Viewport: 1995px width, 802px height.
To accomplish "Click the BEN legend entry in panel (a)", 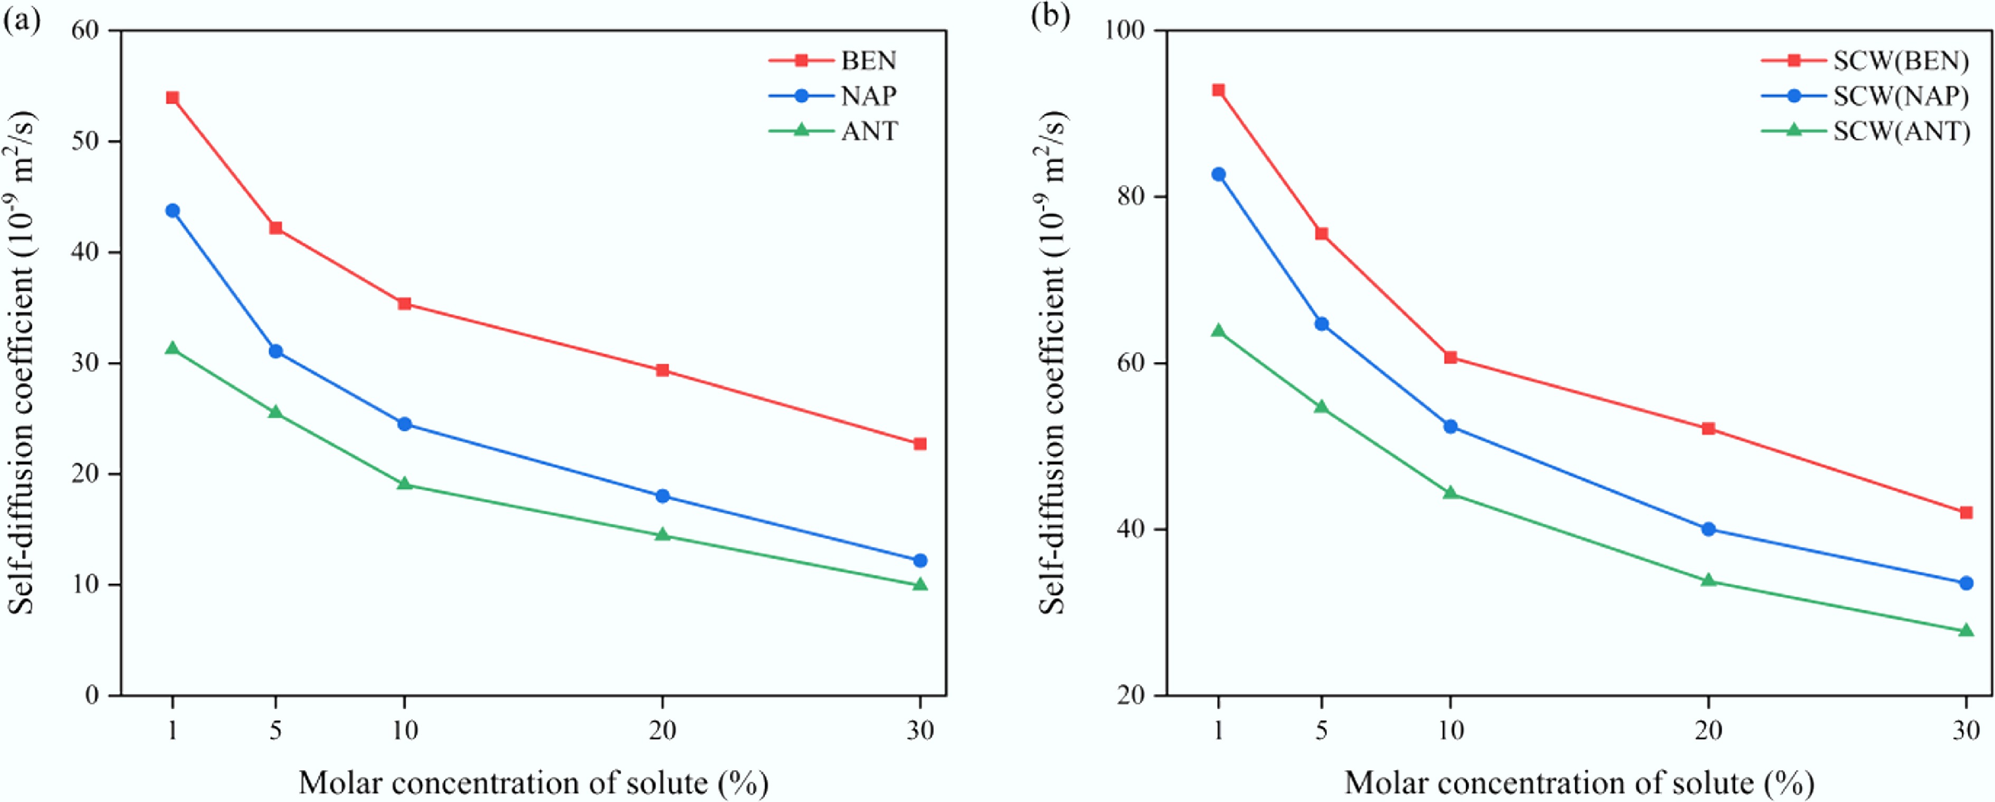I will click(867, 60).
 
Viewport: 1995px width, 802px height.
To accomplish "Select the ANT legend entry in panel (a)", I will click(869, 131).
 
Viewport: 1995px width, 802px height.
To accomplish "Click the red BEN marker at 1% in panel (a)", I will click(172, 98).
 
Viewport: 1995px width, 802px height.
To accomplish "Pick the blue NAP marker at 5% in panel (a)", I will click(275, 351).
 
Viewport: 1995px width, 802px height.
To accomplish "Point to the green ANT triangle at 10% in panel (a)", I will click(404, 484).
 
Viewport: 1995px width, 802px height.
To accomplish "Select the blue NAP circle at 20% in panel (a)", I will click(662, 496).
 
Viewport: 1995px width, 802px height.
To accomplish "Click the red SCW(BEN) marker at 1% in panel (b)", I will click(1218, 90).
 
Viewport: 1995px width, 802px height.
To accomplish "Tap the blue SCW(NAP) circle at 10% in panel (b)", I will click(1450, 426).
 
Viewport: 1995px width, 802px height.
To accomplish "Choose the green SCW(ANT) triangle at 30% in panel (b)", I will click(1965, 631).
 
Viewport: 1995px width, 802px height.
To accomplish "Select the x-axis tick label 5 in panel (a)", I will click(275, 731).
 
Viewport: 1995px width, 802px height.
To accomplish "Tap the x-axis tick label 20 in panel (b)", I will click(1708, 731).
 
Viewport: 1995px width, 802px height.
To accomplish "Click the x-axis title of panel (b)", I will click(1579, 782).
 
